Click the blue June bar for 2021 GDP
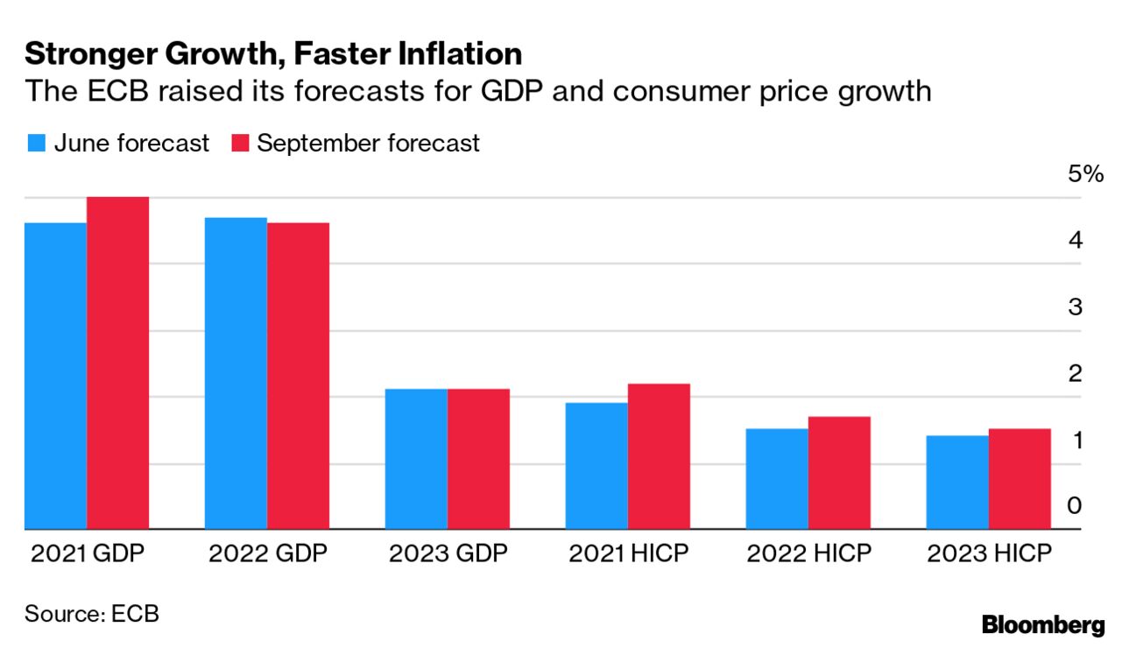click(56, 377)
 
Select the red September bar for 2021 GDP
click(118, 363)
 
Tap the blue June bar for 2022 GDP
click(236, 374)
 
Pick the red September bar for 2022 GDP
click(298, 377)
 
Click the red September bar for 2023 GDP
click(478, 459)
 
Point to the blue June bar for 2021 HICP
click(596, 466)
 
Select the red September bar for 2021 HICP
click(659, 456)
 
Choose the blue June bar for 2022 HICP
click(777, 479)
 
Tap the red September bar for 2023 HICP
click(1020, 479)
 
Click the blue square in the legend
click(36, 144)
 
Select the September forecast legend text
click(368, 144)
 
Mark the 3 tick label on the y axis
click(1075, 307)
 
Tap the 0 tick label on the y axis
click(1075, 506)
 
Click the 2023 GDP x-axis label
click(447, 554)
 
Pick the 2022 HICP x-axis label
click(808, 554)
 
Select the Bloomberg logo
click(1043, 625)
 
